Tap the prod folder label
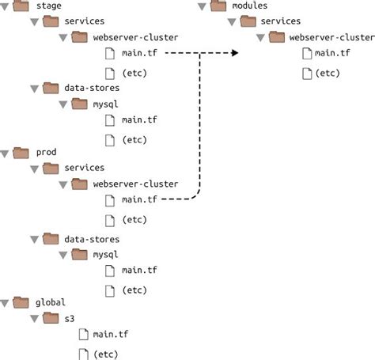[47, 152]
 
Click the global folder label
[51, 301]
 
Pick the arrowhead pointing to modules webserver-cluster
[235, 54]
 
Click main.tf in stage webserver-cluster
[138, 54]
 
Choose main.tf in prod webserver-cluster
[138, 200]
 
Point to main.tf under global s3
[109, 335]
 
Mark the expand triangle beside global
[6, 302]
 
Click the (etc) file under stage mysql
[133, 139]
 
